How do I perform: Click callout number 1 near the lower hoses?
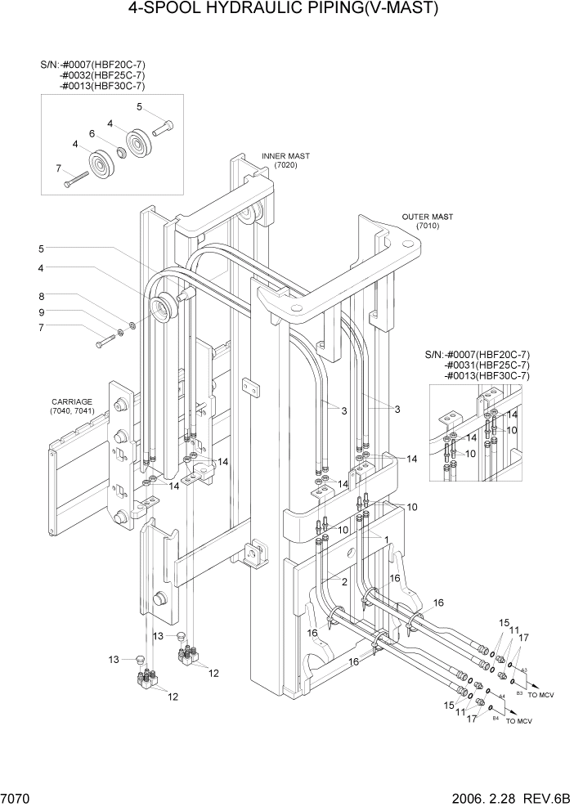pos(387,540)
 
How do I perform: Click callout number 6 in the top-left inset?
pos(92,133)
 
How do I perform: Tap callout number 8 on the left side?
pos(40,298)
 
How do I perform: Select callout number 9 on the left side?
pos(40,312)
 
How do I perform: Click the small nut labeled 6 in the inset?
pos(119,150)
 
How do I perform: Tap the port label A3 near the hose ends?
pos(524,670)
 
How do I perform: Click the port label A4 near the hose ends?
pos(502,696)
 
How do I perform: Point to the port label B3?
pos(518,692)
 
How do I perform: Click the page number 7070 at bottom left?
pos(18,797)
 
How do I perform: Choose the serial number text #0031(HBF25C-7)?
pos(487,365)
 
